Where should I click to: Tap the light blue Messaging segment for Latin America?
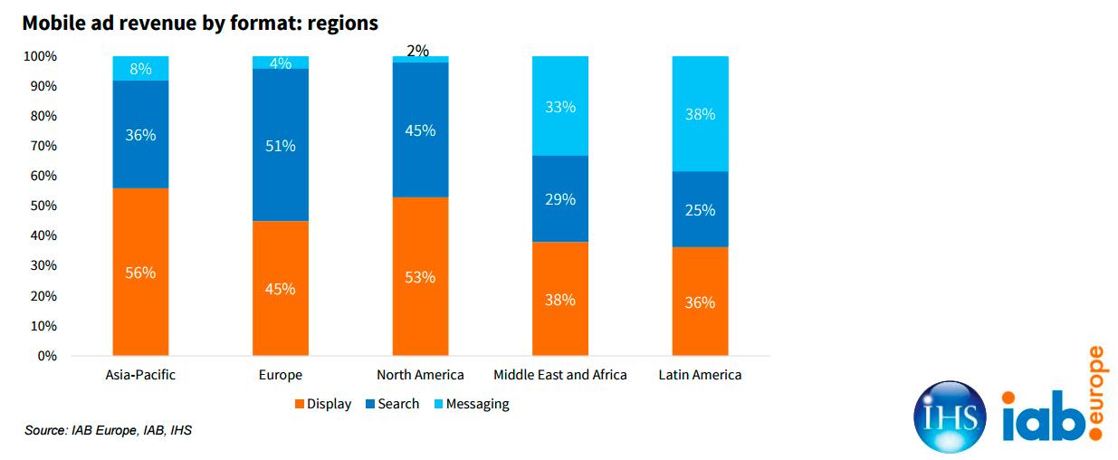tap(700, 113)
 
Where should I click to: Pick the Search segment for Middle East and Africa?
tap(560, 198)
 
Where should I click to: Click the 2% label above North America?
tap(417, 51)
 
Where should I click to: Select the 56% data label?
tap(140, 273)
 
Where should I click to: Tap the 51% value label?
tap(281, 145)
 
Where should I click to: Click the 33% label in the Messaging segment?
tap(560, 107)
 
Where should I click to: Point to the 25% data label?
tap(700, 210)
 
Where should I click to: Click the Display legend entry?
tap(321, 404)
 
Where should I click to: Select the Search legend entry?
tap(392, 404)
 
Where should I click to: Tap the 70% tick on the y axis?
tap(43, 146)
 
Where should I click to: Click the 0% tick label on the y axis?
tap(47, 356)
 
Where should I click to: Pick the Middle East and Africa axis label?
tap(560, 375)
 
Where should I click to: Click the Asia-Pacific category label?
tap(140, 375)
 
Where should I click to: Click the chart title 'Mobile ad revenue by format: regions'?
tap(200, 24)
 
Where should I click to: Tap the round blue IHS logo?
tap(950, 417)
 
